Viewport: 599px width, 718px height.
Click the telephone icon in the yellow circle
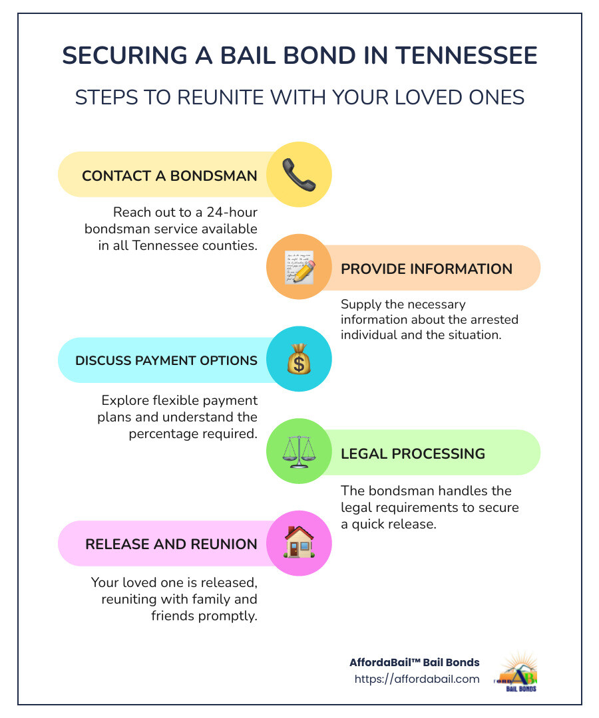(x=299, y=175)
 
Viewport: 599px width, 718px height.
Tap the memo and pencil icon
(x=299, y=267)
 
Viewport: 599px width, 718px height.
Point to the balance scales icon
(x=299, y=452)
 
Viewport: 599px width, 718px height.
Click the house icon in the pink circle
(x=299, y=542)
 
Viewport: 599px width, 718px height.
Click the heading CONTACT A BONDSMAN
(x=169, y=176)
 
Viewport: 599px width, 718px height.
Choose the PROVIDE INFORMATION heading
(x=427, y=269)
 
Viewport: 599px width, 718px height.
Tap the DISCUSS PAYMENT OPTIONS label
(x=166, y=360)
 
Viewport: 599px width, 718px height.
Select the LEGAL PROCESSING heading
(x=413, y=453)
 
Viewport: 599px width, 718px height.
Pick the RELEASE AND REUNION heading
(x=171, y=544)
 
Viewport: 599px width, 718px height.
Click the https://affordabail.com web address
(x=417, y=679)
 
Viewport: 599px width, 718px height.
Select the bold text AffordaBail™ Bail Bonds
(x=414, y=662)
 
